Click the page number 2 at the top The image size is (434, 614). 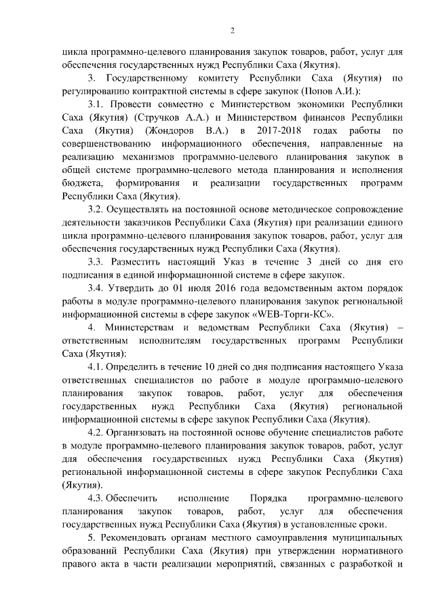pos(232,31)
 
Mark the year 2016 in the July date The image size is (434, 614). pos(233,288)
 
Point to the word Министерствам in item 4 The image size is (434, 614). pos(139,327)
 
